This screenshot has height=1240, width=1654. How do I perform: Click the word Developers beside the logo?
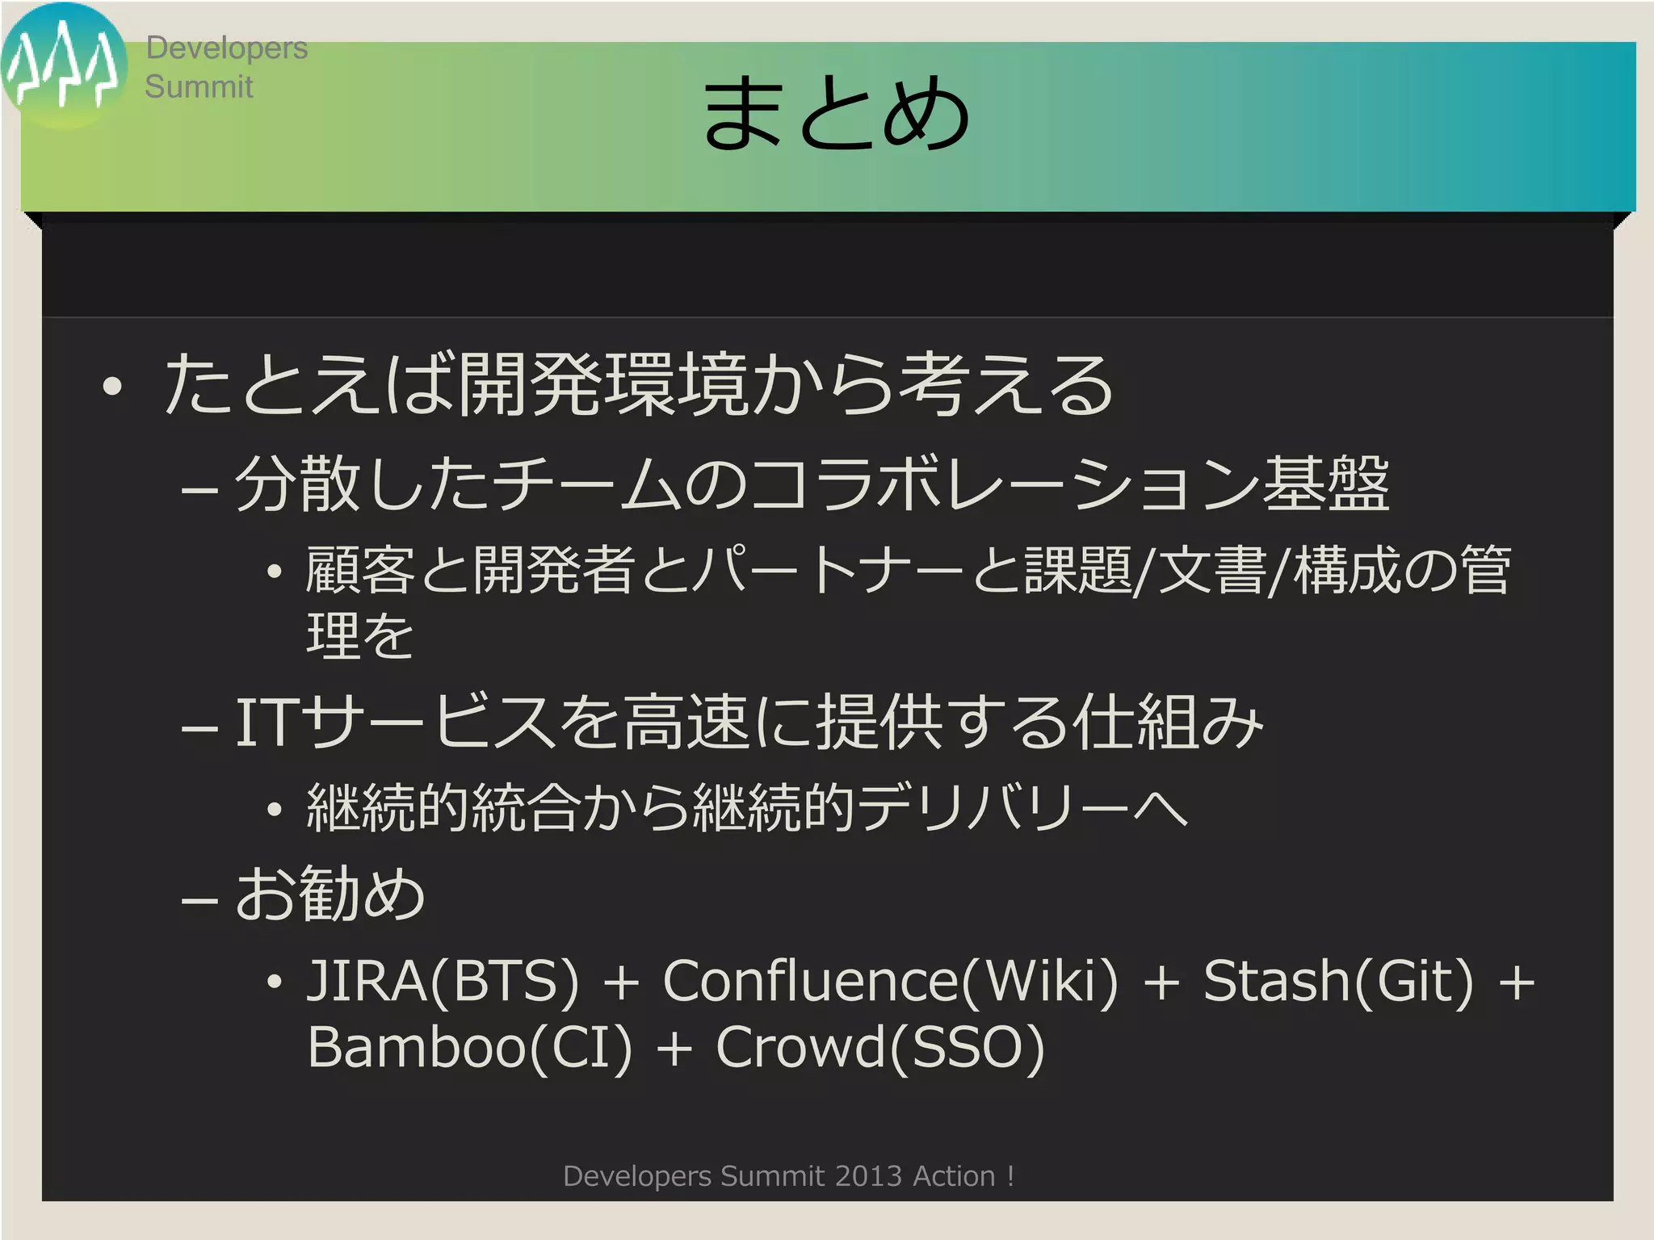(x=227, y=48)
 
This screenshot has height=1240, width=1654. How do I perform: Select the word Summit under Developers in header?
(x=199, y=86)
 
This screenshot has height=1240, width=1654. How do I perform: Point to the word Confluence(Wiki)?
(x=891, y=981)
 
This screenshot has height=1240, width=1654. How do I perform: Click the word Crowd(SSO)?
(x=880, y=1047)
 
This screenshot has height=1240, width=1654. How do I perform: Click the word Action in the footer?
(x=954, y=1176)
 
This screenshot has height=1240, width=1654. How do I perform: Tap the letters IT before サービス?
(x=263, y=723)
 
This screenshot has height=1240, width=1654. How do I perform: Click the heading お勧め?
(x=330, y=894)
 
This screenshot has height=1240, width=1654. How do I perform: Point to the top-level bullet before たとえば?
(x=112, y=387)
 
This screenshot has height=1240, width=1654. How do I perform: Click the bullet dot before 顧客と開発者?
(x=275, y=572)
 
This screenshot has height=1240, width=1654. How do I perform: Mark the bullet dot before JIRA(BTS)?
(x=275, y=982)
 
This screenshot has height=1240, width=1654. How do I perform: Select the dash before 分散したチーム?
(x=199, y=488)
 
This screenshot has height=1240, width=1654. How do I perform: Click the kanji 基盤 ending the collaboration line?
(x=1326, y=484)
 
